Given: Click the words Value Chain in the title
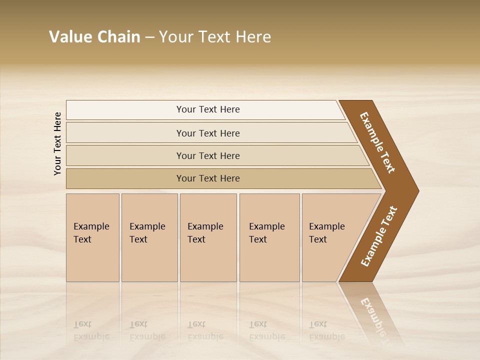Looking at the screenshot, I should click(94, 37).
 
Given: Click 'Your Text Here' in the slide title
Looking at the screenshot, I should click(215, 37).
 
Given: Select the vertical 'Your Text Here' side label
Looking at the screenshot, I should click(57, 144).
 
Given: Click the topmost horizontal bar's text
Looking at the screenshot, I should click(208, 109).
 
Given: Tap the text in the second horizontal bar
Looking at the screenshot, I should click(208, 133).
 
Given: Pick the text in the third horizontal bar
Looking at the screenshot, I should click(208, 156).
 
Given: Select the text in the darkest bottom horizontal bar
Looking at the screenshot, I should click(208, 178).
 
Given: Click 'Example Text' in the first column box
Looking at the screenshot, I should click(91, 233).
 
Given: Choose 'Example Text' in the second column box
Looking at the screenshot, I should click(147, 233).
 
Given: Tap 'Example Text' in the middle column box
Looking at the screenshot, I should click(205, 233).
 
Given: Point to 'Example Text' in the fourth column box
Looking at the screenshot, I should click(266, 233).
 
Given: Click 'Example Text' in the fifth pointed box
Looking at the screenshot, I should click(326, 233).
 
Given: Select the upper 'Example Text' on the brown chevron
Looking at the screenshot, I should click(377, 142).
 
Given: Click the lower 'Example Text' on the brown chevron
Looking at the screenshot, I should click(379, 236).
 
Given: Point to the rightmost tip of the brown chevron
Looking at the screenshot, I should click(417, 191).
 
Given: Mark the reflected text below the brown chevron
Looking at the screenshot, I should click(375, 315).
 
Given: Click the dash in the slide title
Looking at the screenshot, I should click(149, 37).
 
